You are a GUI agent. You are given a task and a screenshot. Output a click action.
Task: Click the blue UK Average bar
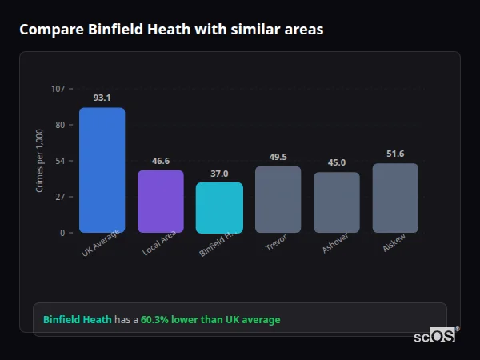[x=102, y=170]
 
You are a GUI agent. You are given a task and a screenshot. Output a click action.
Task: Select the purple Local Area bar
[x=161, y=201]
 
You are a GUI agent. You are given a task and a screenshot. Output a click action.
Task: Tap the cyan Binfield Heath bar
[x=219, y=207]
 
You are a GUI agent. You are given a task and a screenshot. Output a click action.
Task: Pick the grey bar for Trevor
[x=278, y=199]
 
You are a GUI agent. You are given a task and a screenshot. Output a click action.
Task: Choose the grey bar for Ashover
[x=337, y=202]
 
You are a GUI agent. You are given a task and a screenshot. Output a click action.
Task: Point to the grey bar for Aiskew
[x=395, y=198]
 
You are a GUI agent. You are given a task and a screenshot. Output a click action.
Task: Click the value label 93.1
[x=102, y=98]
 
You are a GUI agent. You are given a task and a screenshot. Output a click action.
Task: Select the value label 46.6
[x=161, y=161]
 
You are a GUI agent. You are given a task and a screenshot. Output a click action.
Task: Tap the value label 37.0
[x=219, y=174]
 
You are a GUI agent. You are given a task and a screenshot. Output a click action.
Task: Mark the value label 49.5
[x=278, y=157]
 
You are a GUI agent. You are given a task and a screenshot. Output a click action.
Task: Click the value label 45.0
[x=337, y=162]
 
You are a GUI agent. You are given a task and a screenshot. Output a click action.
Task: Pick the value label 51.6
[x=395, y=154]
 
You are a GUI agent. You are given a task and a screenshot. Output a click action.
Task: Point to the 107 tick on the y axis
[x=58, y=89]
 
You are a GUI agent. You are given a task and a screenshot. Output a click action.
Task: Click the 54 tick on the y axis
[x=60, y=161]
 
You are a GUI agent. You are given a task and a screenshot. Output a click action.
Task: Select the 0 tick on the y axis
[x=62, y=233]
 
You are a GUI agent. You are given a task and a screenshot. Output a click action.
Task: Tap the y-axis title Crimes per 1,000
[x=40, y=160]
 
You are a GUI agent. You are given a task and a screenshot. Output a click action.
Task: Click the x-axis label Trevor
[x=275, y=243]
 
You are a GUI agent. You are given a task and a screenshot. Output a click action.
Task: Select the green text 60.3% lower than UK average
[x=210, y=320]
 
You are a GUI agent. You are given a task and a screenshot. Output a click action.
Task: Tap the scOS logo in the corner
[x=434, y=336]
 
